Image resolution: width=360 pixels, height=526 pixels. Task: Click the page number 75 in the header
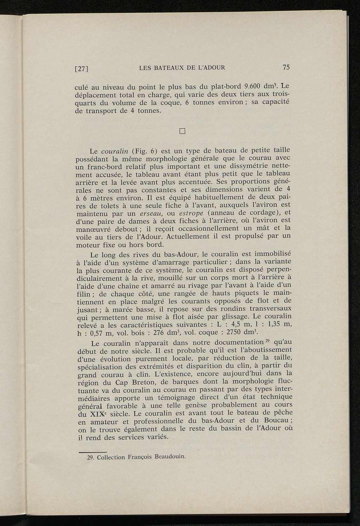coord(286,67)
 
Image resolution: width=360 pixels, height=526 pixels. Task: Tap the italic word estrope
coord(192,213)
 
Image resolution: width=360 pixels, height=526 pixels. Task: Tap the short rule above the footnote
coord(92,452)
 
